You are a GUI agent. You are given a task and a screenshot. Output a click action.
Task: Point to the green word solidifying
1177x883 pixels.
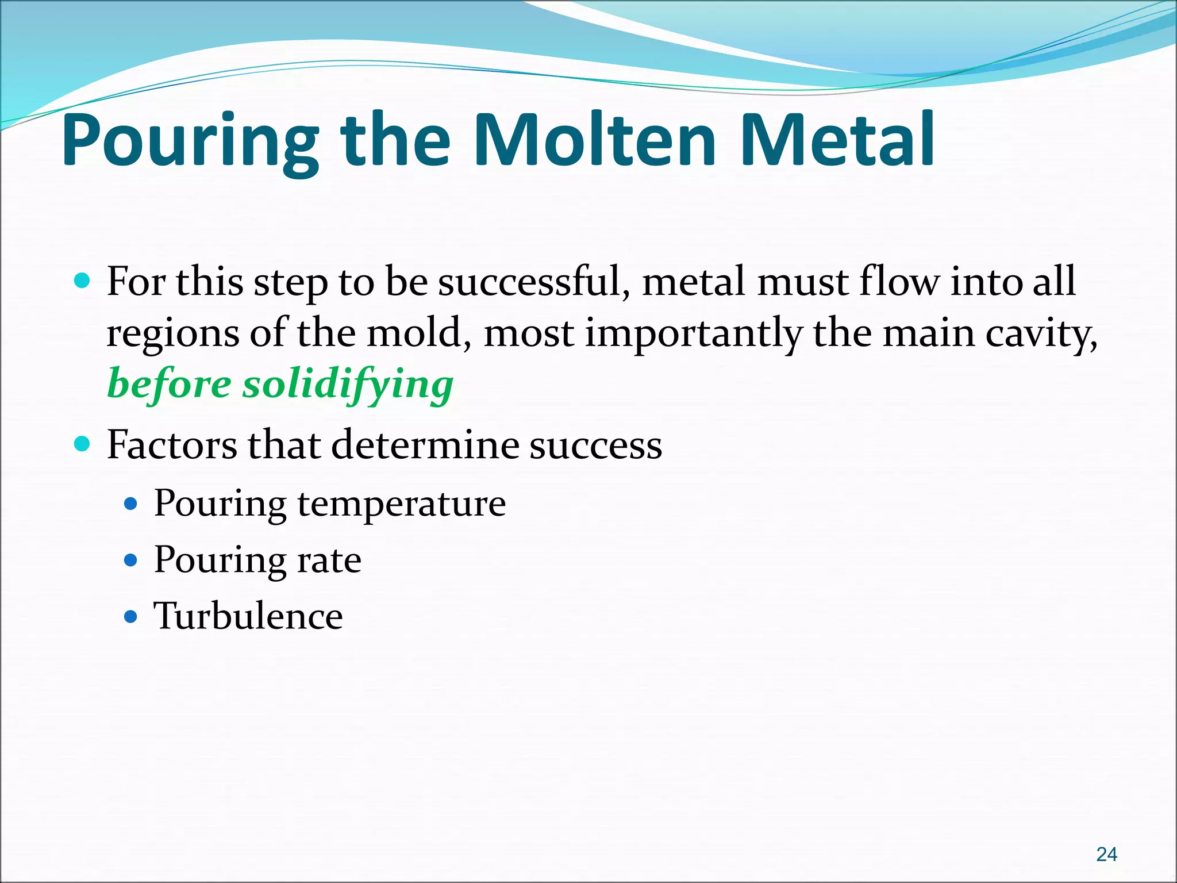pyautogui.click(x=348, y=384)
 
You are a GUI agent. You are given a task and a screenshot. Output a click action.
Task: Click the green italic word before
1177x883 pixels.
pyautogui.click(x=169, y=384)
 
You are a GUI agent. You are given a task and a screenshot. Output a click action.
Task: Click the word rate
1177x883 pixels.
pyautogui.click(x=329, y=559)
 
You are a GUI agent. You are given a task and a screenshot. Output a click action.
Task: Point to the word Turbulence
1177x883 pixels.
pyautogui.click(x=248, y=616)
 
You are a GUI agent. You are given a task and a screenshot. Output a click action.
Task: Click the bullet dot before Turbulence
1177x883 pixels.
pyautogui.click(x=132, y=617)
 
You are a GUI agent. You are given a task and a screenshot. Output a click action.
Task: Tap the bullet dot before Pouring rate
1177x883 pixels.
pyautogui.click(x=132, y=560)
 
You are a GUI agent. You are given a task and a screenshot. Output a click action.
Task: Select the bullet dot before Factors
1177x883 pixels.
pyautogui.click(x=83, y=444)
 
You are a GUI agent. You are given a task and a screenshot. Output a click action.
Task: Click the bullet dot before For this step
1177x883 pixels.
pyautogui.click(x=83, y=281)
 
